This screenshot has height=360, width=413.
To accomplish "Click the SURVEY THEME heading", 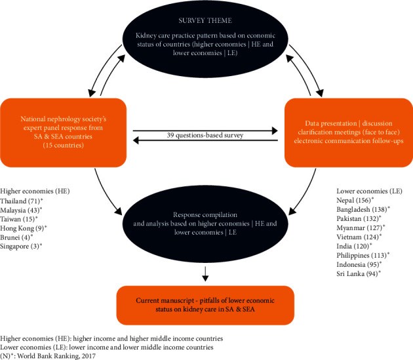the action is pos(205,20).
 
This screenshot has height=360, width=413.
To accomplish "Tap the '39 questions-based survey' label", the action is pos(205,135).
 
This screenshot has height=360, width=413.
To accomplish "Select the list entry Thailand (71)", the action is pos(22,201).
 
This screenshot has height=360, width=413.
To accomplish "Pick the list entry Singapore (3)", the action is pos(21,247).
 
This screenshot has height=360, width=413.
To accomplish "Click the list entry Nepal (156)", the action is pos(355,200).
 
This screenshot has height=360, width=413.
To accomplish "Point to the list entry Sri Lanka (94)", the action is pos(359,273).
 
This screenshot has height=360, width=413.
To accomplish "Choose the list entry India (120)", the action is pos(354,246).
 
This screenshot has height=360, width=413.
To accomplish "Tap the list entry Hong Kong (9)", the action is pos(24,228).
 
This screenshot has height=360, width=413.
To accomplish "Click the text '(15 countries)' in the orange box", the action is pos(63,145).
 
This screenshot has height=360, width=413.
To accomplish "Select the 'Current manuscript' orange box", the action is pos(205,305).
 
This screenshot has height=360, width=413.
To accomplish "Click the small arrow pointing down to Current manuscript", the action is pos(205,274).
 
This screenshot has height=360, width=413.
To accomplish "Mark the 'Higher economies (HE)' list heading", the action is pos(35,191).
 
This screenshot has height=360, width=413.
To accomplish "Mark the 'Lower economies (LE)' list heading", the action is pos(369,191).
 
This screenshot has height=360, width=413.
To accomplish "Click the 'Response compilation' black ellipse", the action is pos(205,224).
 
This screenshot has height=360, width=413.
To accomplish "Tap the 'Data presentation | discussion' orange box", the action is pos(349,132).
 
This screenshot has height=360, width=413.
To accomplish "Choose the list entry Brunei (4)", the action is pos(16,237).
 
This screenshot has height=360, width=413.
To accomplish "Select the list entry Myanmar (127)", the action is pos(361,228).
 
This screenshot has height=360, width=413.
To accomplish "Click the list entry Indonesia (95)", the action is pos(359,264).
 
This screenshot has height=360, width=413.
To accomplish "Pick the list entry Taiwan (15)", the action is pos(19,219).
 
